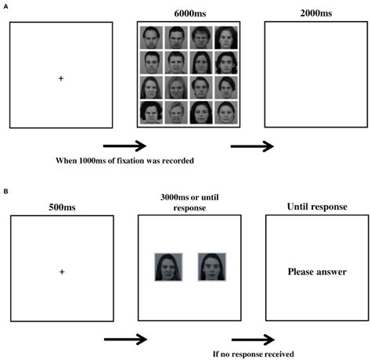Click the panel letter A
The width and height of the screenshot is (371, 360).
point(6,6)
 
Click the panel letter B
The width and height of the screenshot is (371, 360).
point(6,189)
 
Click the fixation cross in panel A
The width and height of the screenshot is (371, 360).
point(60,77)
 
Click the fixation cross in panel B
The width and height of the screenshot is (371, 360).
point(60,271)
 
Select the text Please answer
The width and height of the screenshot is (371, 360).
point(316,272)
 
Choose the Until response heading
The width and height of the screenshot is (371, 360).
point(317,207)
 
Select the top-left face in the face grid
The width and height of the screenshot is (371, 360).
point(152,37)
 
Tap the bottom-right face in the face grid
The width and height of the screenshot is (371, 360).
point(226,113)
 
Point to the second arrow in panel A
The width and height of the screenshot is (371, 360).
point(252,146)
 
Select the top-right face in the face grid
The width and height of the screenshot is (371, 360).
point(226,37)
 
